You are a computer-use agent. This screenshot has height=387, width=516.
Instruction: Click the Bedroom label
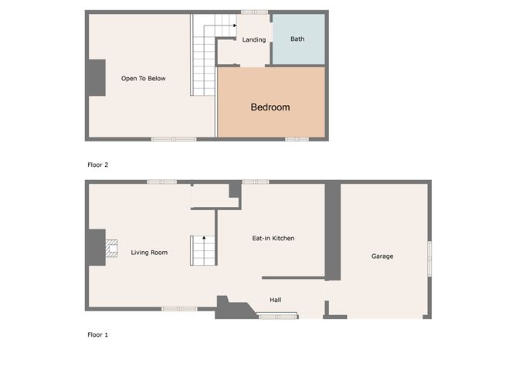coord(270,107)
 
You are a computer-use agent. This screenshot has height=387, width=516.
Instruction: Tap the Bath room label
coord(297,39)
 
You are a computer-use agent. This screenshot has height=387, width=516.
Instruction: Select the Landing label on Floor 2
coord(253,40)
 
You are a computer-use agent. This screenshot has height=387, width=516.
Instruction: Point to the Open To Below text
coord(143,78)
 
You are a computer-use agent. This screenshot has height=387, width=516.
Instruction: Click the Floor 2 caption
coord(98,165)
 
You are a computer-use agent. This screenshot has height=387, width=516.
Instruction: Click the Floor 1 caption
coord(98,334)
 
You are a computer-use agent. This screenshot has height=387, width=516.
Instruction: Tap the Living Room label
coord(149,253)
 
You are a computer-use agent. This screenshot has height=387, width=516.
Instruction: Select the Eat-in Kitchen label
coord(273,238)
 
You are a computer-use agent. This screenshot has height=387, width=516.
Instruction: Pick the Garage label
coord(382,256)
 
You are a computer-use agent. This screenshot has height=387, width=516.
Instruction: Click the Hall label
coord(276,300)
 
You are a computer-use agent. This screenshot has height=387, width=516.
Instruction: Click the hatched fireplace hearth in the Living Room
coord(111,248)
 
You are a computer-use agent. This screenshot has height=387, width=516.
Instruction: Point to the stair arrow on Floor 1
coord(204,238)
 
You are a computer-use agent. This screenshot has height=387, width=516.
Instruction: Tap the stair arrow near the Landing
coord(235,25)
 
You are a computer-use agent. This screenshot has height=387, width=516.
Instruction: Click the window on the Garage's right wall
coord(429,259)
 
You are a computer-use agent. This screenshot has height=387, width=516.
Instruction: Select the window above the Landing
coord(255,12)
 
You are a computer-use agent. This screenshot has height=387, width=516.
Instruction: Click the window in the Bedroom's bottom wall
coord(297,139)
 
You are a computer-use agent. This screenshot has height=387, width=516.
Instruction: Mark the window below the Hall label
coord(278,317)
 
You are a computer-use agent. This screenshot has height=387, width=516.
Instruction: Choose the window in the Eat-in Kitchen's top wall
coord(256,182)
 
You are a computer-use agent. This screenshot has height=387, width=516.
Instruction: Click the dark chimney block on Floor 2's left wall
coord(97,78)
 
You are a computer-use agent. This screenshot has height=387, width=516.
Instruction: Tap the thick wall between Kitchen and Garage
coord(333,230)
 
